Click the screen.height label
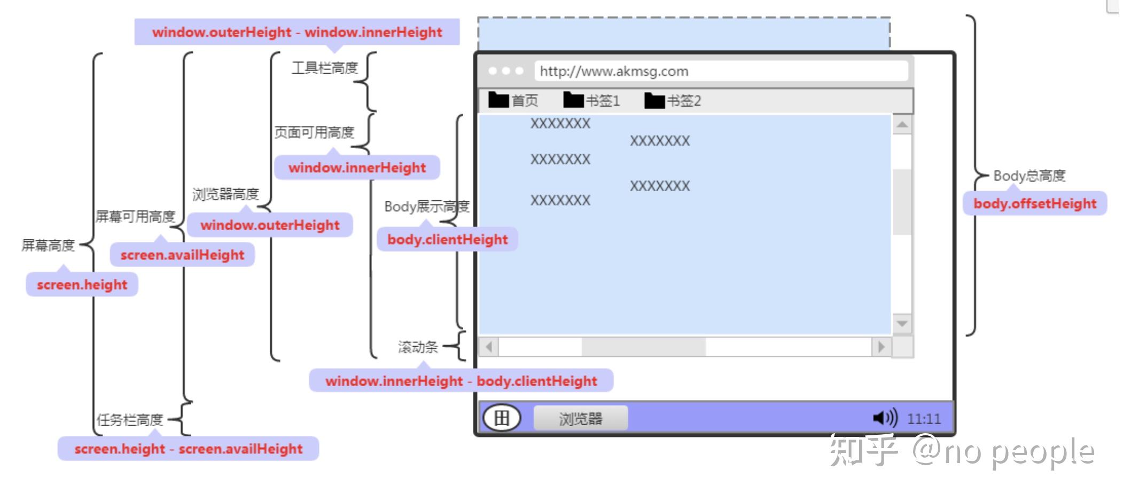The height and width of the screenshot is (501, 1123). click(x=82, y=285)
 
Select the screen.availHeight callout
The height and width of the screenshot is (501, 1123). click(x=182, y=255)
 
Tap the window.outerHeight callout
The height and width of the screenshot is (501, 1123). click(x=270, y=225)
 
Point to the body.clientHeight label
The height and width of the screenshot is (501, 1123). click(x=447, y=239)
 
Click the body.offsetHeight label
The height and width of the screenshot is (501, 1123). click(x=1034, y=203)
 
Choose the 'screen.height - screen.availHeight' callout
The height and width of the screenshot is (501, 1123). click(x=188, y=449)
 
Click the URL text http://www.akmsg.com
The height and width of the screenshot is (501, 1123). click(x=614, y=71)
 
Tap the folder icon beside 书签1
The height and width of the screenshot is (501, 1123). click(x=573, y=100)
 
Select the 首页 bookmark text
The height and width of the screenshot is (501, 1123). click(x=525, y=100)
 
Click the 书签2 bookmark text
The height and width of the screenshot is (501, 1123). click(x=684, y=100)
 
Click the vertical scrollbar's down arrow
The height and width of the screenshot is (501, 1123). click(x=902, y=324)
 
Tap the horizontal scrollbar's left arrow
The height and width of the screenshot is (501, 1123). click(x=489, y=347)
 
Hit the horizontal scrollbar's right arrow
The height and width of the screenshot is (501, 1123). click(x=882, y=347)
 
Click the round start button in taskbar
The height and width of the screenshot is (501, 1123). click(x=501, y=418)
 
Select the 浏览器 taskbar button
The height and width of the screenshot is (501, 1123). click(x=580, y=418)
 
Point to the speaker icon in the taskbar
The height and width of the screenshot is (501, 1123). click(x=885, y=418)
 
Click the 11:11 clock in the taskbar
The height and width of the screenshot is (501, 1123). click(x=924, y=418)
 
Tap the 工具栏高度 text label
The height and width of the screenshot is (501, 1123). click(x=324, y=68)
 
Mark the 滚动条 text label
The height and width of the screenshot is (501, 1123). click(x=418, y=347)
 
